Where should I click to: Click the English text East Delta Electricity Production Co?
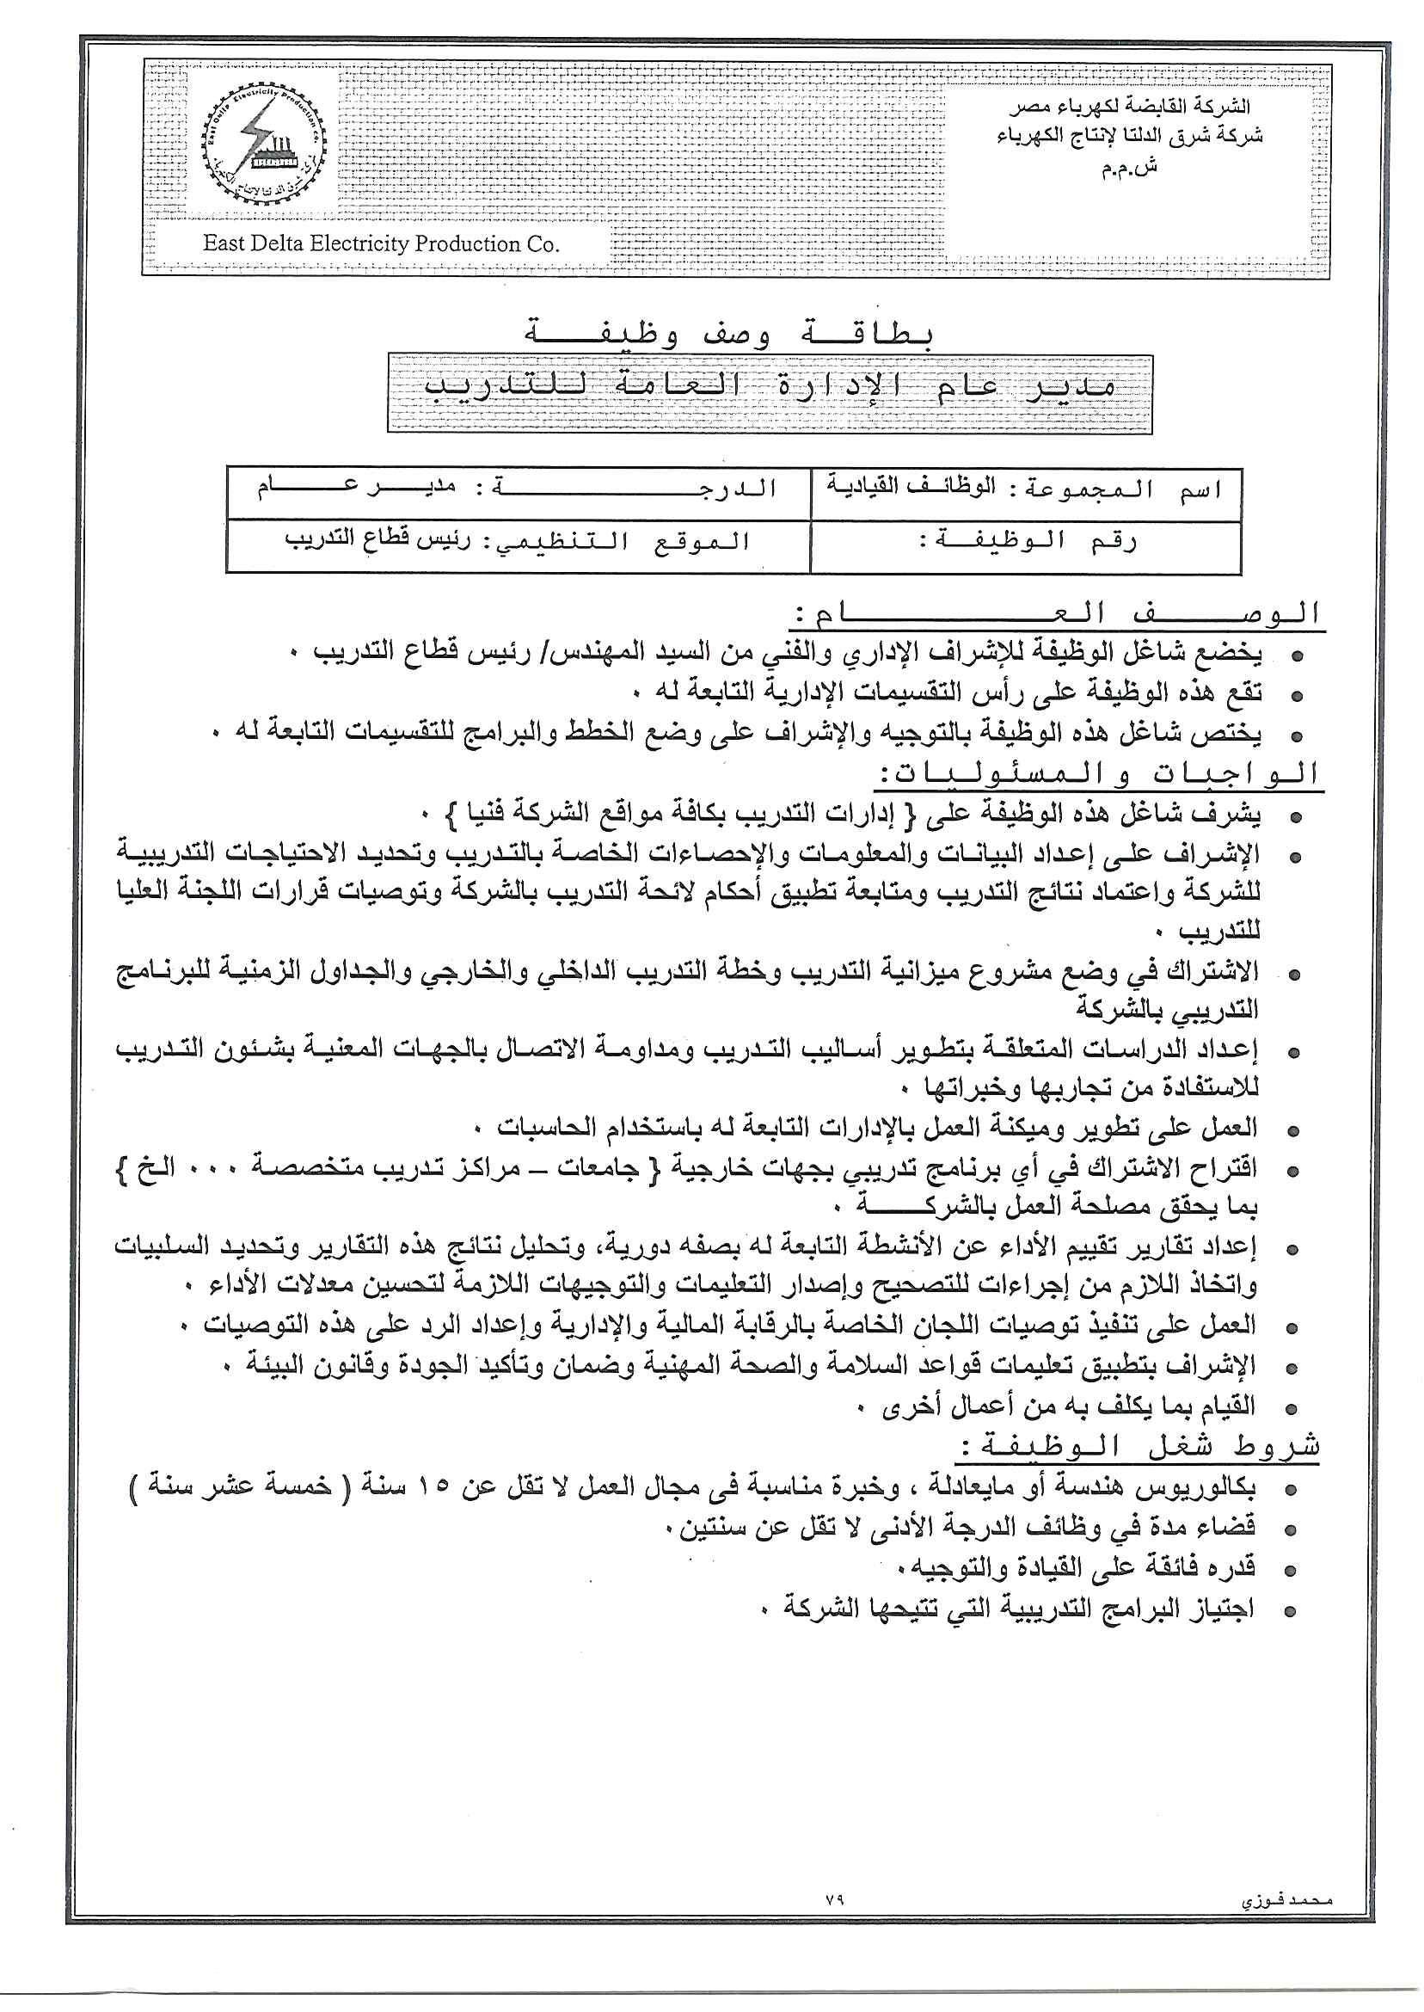[x=380, y=243]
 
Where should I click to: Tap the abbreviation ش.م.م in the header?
[x=1128, y=168]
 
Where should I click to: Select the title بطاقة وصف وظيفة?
[x=729, y=332]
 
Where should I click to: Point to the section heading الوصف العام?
[x=1056, y=614]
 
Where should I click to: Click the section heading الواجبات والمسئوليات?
[x=1100, y=774]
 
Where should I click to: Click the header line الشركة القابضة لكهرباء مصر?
[x=1128, y=107]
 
